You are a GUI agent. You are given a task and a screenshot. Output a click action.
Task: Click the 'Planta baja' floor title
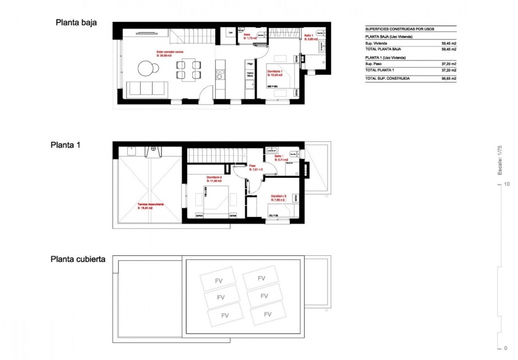pos(77,22)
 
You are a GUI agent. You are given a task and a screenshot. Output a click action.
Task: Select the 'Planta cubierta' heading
pos(78,259)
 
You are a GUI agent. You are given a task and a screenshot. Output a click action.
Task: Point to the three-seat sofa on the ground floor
pos(146,88)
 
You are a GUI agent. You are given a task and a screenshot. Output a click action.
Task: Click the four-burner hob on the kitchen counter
pos(220,74)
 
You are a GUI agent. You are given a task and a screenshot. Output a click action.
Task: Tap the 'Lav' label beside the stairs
pos(231,32)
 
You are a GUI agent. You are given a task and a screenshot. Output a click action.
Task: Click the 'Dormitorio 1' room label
pos(275,71)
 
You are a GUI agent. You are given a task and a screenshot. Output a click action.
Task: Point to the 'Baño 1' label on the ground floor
pos(308,36)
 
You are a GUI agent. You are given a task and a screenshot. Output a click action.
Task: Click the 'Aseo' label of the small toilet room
pos(247,35)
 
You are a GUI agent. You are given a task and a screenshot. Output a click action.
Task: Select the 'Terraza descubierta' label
pos(151,204)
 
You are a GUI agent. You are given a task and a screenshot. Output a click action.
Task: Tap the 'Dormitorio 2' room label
pos(214,177)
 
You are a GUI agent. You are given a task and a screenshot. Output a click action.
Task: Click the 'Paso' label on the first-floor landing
pos(252,167)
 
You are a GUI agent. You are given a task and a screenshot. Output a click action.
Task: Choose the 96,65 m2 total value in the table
pos(448,78)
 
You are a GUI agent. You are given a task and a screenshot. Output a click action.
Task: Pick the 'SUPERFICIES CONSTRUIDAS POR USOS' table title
pos(400,29)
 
